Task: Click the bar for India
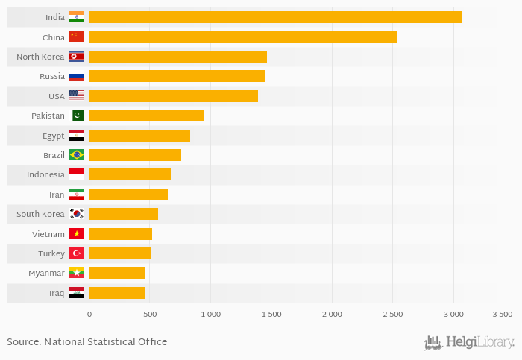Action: click(x=274, y=17)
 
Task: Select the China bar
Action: click(x=242, y=37)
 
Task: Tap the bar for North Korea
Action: click(x=177, y=57)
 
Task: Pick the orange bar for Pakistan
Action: click(x=145, y=116)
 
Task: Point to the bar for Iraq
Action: click(x=116, y=293)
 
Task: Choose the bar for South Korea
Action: click(x=123, y=215)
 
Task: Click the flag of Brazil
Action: click(x=77, y=155)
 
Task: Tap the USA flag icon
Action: click(x=77, y=96)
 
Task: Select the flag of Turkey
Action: click(x=77, y=253)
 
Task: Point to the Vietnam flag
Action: click(x=77, y=234)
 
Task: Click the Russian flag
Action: click(x=77, y=76)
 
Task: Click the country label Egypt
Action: click(x=54, y=136)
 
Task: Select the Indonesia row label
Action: click(x=45, y=174)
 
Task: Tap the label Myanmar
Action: click(x=46, y=273)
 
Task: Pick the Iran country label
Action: click(x=57, y=195)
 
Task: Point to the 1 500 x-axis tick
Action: click(x=271, y=315)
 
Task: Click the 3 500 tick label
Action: click(x=503, y=315)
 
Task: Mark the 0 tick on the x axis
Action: click(x=89, y=315)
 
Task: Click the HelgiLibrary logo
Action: click(x=469, y=342)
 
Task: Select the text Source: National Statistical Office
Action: click(x=87, y=342)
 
